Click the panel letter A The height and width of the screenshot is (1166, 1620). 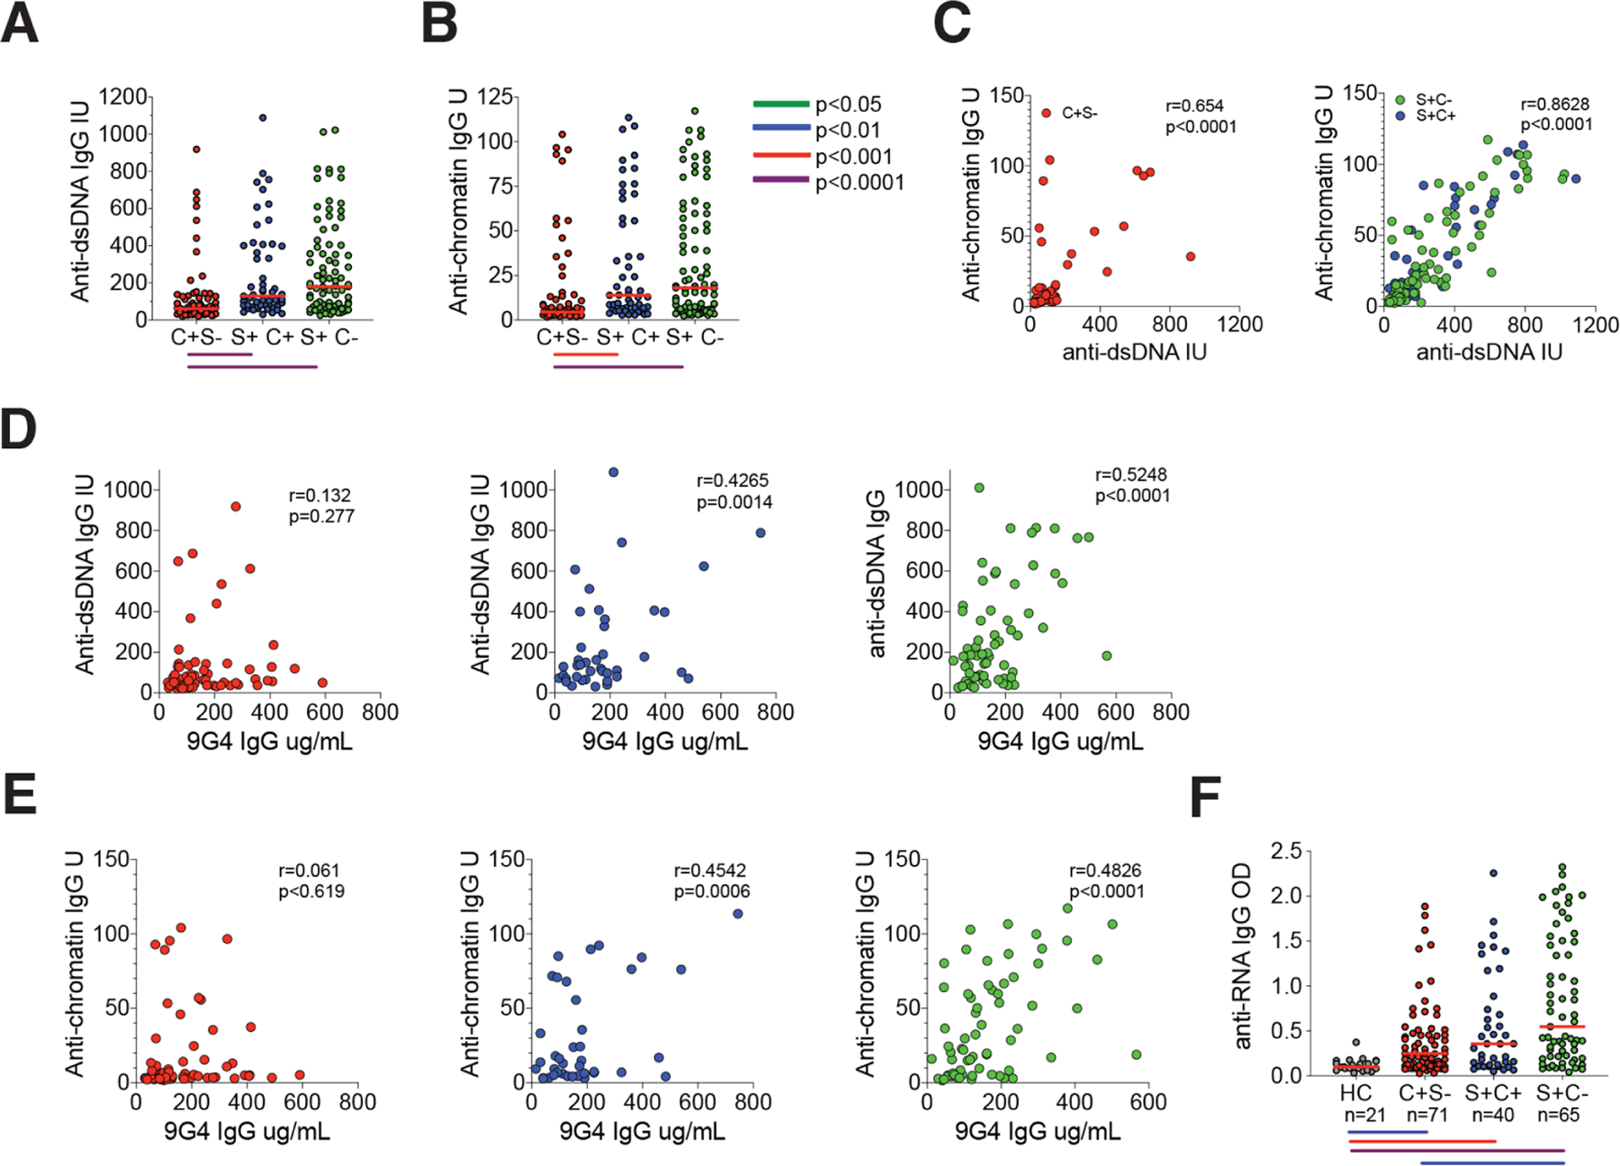20,24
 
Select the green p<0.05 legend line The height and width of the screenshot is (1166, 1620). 780,104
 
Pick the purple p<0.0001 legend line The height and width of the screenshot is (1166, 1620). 780,182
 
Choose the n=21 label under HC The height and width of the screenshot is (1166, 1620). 1355,1115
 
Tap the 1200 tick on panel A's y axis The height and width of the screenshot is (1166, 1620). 123,97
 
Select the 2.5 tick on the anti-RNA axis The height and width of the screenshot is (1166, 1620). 1285,851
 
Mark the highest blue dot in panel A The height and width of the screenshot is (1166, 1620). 263,118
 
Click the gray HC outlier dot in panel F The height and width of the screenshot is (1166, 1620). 1356,1043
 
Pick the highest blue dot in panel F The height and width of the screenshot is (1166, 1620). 1493,873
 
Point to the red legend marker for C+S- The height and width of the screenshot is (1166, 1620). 1046,113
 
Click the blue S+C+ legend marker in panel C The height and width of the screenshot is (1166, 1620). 1400,116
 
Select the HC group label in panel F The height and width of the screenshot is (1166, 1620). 1355,1093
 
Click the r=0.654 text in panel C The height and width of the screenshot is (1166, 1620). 1194,106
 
